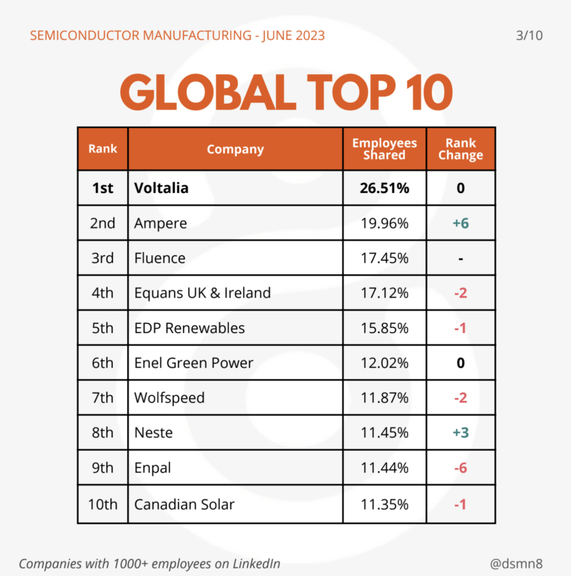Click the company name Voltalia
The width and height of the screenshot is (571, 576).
(161, 188)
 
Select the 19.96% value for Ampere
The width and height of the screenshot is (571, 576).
(384, 223)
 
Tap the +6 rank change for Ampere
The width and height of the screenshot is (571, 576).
(460, 223)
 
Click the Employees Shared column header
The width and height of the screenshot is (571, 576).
(384, 149)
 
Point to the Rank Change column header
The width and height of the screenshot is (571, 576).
(460, 149)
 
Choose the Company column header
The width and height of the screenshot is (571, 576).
(235, 149)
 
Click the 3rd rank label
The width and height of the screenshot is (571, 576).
(102, 258)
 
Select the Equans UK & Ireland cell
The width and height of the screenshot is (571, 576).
(203, 293)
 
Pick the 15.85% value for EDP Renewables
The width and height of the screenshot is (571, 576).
(384, 328)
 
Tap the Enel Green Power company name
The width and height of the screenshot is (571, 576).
(194, 363)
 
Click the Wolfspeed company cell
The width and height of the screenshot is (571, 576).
(169, 398)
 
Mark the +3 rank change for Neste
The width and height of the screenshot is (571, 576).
(460, 433)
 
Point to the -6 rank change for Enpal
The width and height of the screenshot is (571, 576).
(460, 467)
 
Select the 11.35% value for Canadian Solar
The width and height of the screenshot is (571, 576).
(384, 504)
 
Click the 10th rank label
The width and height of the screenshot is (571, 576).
(102, 504)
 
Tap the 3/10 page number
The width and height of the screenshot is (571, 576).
(529, 36)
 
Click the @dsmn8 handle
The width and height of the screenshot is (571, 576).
(517, 563)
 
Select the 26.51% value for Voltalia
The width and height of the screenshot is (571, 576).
(384, 188)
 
